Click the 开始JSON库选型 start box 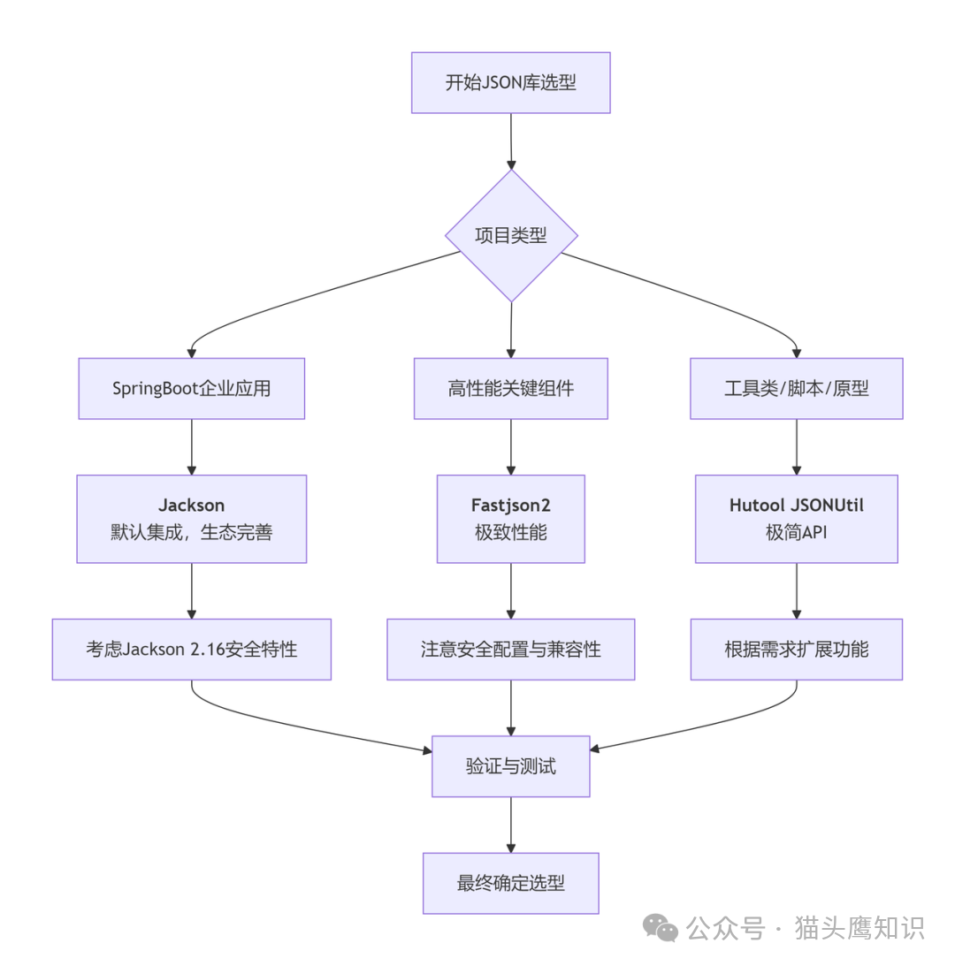coord(510,83)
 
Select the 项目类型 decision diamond coord(511,236)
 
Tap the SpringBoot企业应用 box coord(192,389)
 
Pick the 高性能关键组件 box coord(511,389)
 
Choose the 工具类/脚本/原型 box coord(796,389)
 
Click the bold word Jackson coord(192,506)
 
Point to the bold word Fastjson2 coord(511,506)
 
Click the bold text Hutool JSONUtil coord(796,506)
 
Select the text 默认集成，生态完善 coord(192,533)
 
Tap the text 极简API coord(796,533)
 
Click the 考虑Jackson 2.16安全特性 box coord(192,650)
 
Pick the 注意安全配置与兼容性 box coord(511,650)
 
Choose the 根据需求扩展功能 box coord(796,650)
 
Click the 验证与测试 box coord(511,766)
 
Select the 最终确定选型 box coord(511,883)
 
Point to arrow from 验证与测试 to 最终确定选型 coord(511,824)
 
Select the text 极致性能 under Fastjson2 coord(511,533)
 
